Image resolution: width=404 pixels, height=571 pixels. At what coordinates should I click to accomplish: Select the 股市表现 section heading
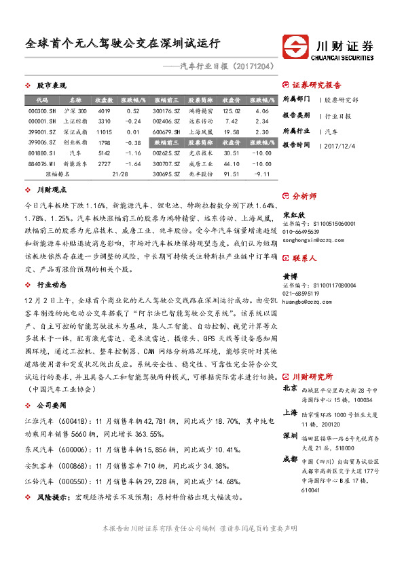(51, 86)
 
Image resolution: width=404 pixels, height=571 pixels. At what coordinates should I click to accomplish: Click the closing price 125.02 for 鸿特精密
(232, 111)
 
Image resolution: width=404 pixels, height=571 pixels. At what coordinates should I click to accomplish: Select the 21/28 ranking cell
(120, 174)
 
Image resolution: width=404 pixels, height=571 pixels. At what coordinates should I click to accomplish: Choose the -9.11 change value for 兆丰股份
(261, 174)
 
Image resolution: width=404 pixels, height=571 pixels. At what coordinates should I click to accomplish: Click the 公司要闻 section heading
(51, 404)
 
